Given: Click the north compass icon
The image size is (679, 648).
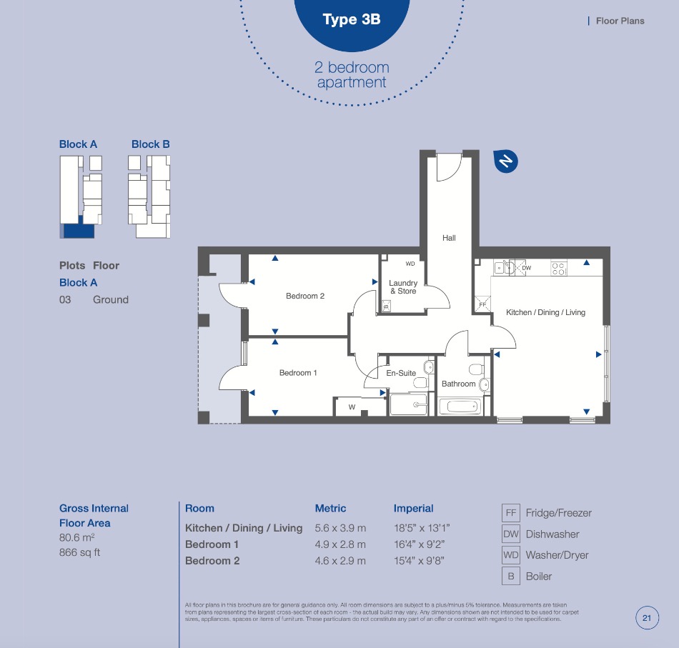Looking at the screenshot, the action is [506, 161].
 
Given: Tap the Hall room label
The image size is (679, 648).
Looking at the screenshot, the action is [449, 238].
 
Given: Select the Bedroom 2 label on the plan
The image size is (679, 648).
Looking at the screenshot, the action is [305, 296].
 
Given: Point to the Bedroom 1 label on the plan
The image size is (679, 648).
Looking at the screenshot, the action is [298, 373].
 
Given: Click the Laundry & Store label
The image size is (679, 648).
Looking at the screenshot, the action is [403, 287].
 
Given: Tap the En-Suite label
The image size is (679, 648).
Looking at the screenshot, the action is [401, 373].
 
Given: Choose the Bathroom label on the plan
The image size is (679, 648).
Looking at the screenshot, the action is [459, 384].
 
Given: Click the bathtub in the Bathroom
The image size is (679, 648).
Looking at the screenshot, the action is [460, 407].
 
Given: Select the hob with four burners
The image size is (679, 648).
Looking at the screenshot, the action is [559, 269].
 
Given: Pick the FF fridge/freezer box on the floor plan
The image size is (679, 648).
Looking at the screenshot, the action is [483, 304].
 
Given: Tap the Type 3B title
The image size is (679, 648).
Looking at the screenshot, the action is [352, 19].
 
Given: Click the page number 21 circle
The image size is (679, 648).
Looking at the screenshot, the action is [647, 618].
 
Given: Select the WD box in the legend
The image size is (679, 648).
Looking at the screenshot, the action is [511, 555].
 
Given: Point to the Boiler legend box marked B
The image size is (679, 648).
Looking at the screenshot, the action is [511, 576].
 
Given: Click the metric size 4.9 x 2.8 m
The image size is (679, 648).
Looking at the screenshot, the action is [340, 544].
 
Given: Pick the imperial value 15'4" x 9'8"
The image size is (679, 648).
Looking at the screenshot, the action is [419, 561].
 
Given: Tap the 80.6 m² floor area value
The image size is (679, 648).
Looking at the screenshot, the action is [77, 538].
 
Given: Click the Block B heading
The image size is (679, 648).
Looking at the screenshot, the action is [151, 144].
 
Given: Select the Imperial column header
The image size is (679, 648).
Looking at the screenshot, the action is [414, 508].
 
